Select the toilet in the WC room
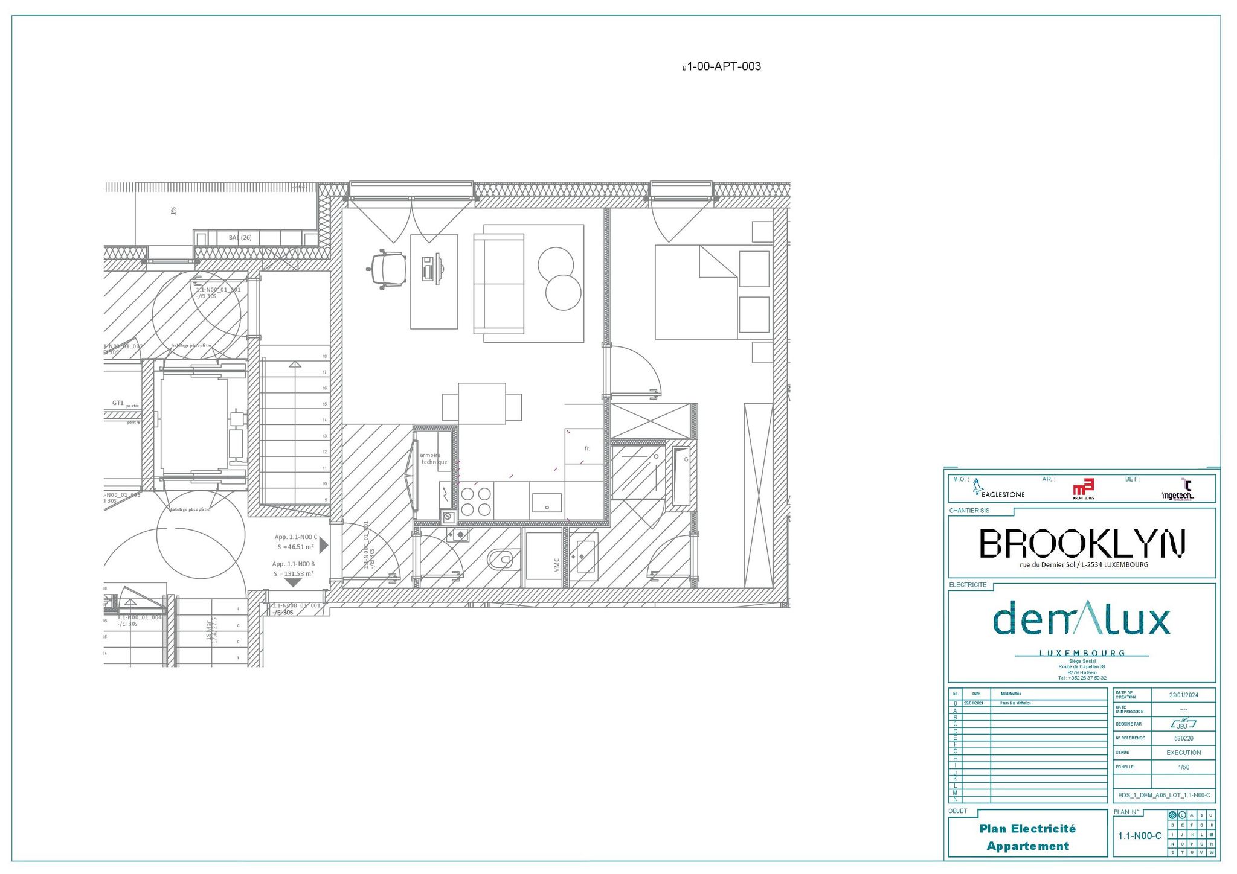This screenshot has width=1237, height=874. [501, 560]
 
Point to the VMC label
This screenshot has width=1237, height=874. [556, 564]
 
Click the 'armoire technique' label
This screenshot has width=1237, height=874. [434, 458]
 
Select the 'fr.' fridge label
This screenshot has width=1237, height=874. [586, 448]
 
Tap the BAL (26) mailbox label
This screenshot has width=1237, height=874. [240, 237]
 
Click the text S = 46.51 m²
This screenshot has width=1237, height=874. [295, 547]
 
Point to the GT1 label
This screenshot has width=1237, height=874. [118, 403]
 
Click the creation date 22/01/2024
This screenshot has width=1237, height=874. [1183, 695]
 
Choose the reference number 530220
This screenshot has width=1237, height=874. [1183, 738]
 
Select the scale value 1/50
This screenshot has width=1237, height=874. [1183, 767]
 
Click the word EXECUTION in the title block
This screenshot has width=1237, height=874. [1183, 753]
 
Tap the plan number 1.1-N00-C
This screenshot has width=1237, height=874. [1139, 836]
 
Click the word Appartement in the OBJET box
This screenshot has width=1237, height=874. [1027, 846]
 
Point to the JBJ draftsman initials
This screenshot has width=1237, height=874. [1182, 724]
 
